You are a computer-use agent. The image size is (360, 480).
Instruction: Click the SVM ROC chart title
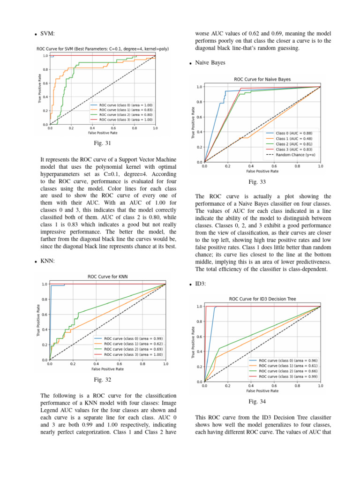(x=103, y=49)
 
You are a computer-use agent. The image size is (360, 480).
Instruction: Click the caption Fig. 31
(x=102, y=142)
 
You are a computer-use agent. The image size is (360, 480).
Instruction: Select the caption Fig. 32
(x=102, y=380)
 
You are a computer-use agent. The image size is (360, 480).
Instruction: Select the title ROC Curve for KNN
(x=107, y=277)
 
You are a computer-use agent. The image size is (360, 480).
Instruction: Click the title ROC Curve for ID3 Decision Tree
(x=262, y=299)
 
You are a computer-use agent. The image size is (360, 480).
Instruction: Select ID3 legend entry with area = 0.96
(x=284, y=360)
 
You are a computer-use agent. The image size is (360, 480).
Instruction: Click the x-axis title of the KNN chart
(x=107, y=369)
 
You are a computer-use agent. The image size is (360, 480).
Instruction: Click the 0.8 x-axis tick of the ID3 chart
(x=297, y=386)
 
